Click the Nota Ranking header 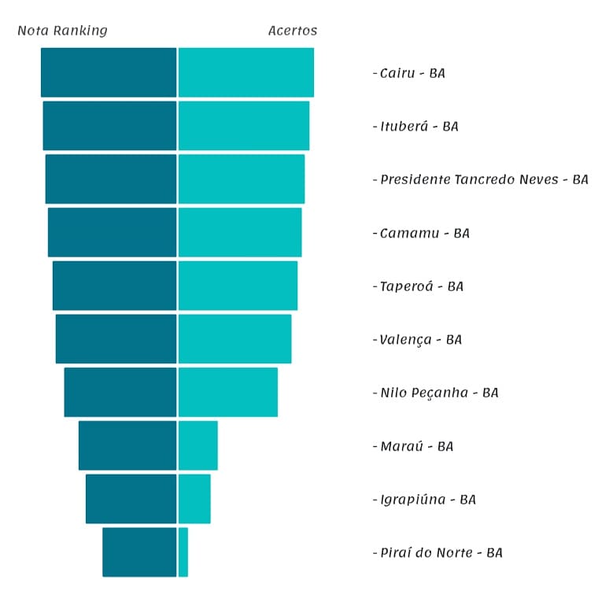pos(62,31)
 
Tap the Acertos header pos(293,31)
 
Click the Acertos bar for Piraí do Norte pos(183,552)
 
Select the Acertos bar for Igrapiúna pos(194,499)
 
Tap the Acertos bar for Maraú pos(198,445)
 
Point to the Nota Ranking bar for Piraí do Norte pos(139,552)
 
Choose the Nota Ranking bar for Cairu pos(109,72)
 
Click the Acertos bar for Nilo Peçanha pos(228,392)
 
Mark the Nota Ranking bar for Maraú pos(127,445)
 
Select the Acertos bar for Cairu pos(246,72)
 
